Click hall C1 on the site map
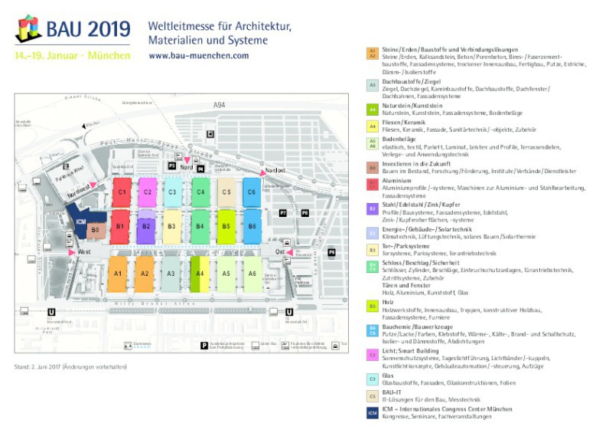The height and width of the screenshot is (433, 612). (120, 192)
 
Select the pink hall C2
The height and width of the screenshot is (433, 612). (147, 192)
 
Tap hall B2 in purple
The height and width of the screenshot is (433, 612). (147, 226)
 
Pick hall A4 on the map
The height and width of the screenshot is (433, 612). (199, 273)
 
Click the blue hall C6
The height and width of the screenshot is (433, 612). (252, 192)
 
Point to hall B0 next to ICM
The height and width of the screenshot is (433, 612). (95, 229)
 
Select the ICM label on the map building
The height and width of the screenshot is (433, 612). (80, 222)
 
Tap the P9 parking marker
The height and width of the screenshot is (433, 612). (331, 252)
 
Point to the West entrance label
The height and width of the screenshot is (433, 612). (84, 251)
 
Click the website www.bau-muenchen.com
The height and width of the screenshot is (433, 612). (198, 56)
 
